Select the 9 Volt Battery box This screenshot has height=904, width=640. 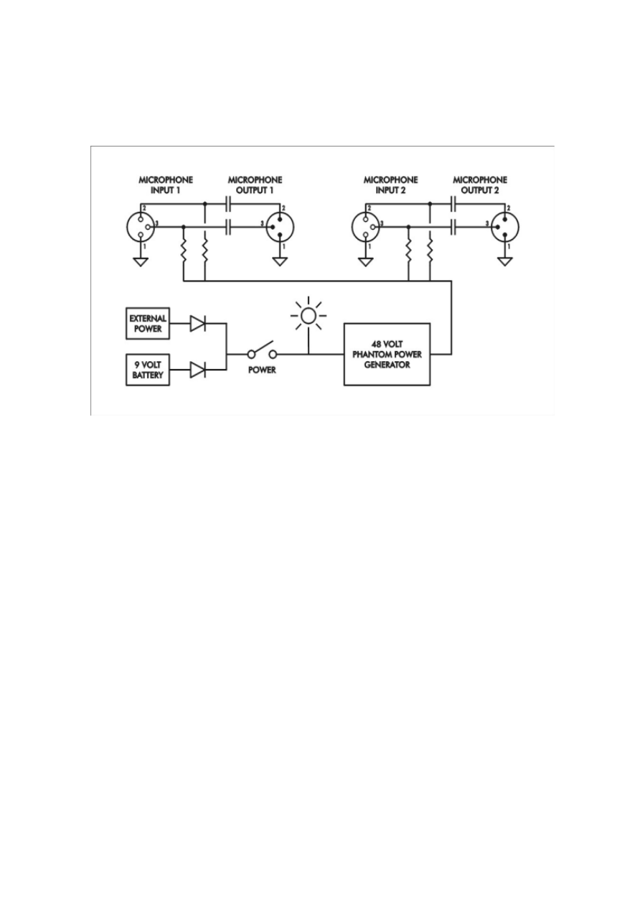[148, 370]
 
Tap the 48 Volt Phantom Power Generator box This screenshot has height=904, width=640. [387, 354]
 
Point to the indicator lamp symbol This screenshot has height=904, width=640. [309, 314]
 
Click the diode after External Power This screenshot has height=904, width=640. [198, 325]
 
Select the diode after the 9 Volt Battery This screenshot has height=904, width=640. [198, 370]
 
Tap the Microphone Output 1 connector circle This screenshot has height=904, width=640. [280, 226]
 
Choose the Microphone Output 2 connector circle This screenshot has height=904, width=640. [505, 226]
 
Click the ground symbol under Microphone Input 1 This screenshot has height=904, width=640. [141, 261]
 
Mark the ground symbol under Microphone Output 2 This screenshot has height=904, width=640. [505, 261]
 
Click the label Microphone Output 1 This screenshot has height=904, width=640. [254, 185]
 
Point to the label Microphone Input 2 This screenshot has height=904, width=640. [390, 185]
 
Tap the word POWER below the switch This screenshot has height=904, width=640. [261, 371]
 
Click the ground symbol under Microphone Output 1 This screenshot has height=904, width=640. [280, 261]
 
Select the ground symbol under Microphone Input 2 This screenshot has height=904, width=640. [365, 261]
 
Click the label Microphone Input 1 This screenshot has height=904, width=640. [166, 185]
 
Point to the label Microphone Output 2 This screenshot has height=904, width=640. [480, 185]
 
